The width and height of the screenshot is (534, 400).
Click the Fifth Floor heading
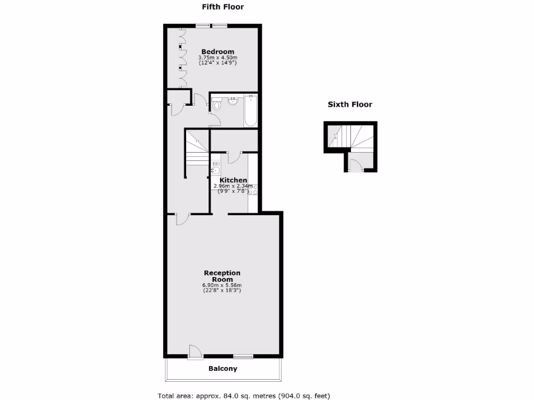[x=223, y=7]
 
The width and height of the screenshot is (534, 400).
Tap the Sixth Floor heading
[x=349, y=104]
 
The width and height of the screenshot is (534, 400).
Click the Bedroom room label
[x=217, y=51]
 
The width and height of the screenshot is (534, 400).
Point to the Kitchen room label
[x=233, y=180]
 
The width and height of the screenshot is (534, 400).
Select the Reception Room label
[x=222, y=276]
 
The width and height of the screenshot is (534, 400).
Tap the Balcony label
[x=223, y=369]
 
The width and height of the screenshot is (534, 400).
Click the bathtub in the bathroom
[x=250, y=110]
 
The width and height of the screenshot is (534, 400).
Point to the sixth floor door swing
[x=354, y=166]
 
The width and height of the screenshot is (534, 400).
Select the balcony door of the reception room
[x=195, y=353]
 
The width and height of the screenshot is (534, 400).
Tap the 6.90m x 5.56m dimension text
[x=222, y=285]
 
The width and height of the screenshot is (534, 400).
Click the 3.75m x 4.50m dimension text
[x=217, y=58]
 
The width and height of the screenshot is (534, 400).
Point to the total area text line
[x=244, y=396]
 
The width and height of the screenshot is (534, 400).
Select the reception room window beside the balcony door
[x=243, y=357]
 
